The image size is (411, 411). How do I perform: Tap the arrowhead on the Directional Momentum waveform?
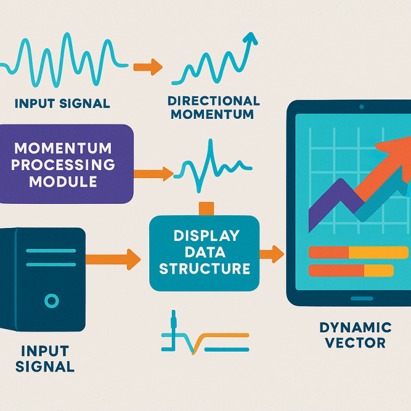pos(249,39)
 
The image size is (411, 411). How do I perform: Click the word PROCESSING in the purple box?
pos(63,164)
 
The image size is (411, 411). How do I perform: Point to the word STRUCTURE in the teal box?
pos(205,268)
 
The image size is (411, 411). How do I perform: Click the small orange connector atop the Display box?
pos(206,208)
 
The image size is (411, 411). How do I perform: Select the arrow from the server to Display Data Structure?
pos(113,259)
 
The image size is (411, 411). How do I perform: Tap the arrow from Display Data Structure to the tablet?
pos(271,254)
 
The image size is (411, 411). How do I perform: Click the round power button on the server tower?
pos(51,301)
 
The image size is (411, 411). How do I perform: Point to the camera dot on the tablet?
pos(361,106)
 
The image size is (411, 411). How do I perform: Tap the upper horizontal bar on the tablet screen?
pos(359,253)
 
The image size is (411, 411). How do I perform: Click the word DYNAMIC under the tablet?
pos(355,327)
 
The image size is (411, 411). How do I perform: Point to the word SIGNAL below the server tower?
pos(45,367)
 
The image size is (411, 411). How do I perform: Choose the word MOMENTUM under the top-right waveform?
pos(214,115)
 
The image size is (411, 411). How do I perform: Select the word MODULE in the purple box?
pos(63,181)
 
